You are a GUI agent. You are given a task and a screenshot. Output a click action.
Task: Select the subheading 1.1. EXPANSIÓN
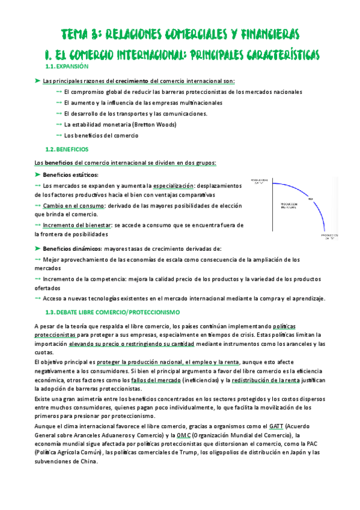point(67,66)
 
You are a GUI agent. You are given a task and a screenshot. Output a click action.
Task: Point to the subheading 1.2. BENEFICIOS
point(67,149)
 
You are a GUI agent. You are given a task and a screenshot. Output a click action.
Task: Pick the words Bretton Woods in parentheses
point(155,124)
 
